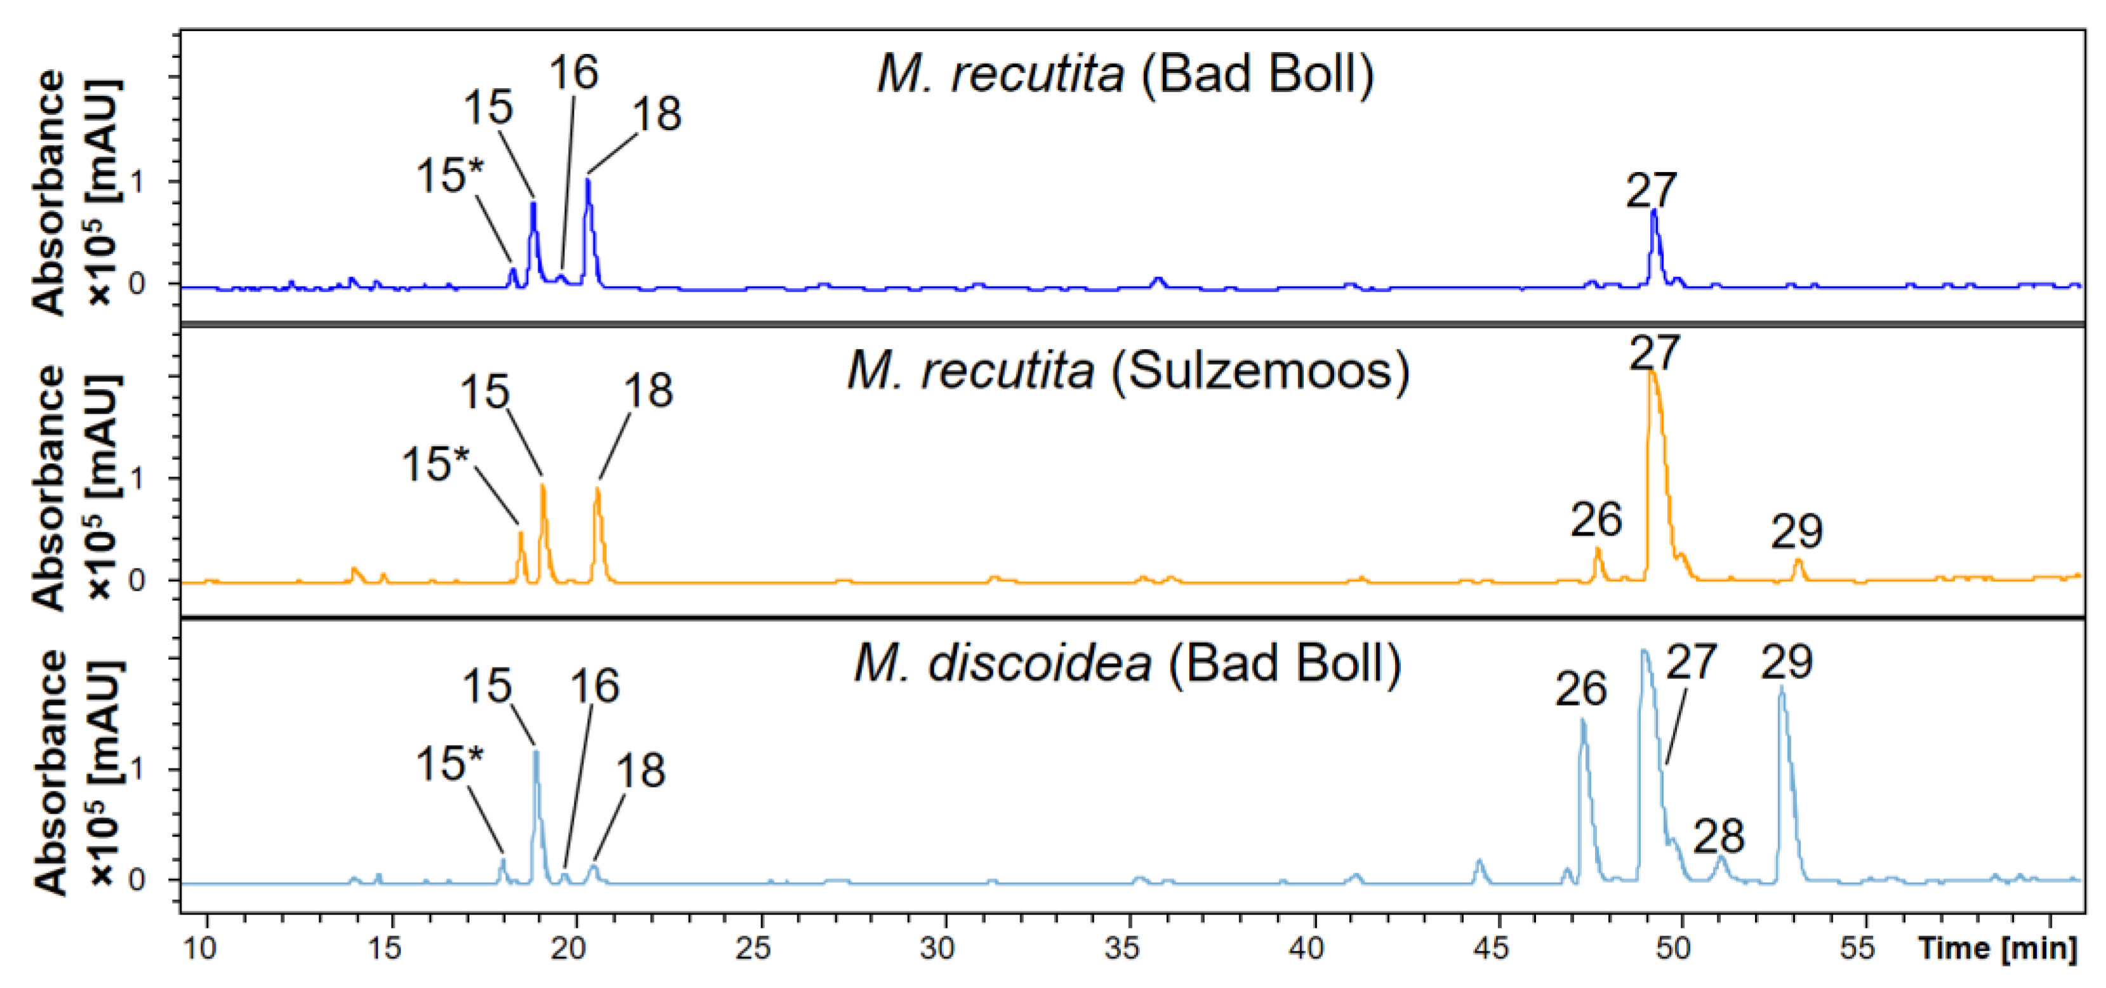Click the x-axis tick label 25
point(752,948)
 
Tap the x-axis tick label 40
point(1306,948)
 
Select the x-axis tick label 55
point(1857,948)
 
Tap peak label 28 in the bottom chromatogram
point(1718,837)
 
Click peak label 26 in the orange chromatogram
point(1596,520)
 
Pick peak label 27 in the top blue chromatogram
point(1652,191)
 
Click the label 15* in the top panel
point(449,176)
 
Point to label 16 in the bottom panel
point(594,687)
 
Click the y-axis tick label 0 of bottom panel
point(136,880)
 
